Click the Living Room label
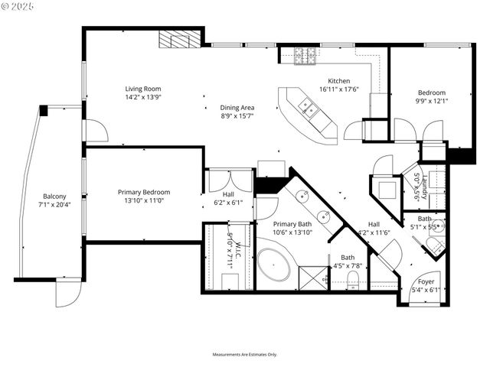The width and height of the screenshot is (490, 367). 143,89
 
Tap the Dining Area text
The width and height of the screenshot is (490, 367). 237,107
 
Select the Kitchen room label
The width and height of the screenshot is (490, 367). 339,81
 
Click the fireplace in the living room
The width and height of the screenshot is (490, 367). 181,39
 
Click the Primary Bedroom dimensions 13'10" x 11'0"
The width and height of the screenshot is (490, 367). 143,200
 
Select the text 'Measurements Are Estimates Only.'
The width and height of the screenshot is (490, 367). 244,355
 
